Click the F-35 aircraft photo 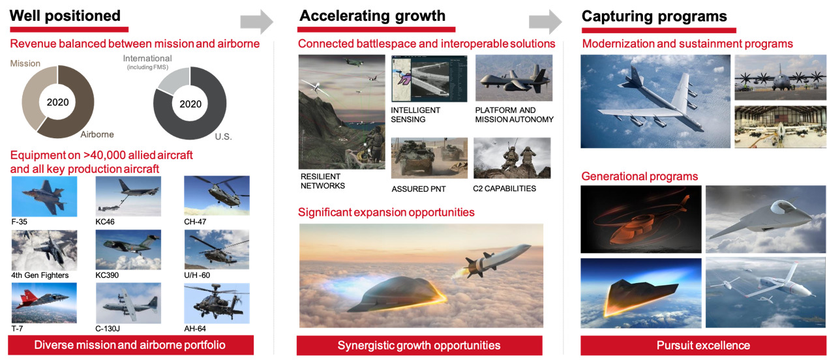click(x=44, y=196)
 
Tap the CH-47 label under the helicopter click(x=195, y=222)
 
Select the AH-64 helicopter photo click(x=217, y=303)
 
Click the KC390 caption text click(x=107, y=275)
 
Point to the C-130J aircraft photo click(x=128, y=303)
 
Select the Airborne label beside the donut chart click(x=97, y=134)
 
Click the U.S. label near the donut click(x=223, y=136)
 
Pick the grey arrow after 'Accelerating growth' click(x=545, y=22)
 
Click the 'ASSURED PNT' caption click(x=419, y=189)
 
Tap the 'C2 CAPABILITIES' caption click(x=504, y=188)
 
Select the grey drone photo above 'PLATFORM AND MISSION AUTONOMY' click(x=514, y=78)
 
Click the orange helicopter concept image click(x=641, y=219)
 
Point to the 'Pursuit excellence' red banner click(x=703, y=345)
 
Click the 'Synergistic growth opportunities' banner click(x=419, y=345)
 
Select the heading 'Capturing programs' click(x=654, y=16)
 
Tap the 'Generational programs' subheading click(x=640, y=177)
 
